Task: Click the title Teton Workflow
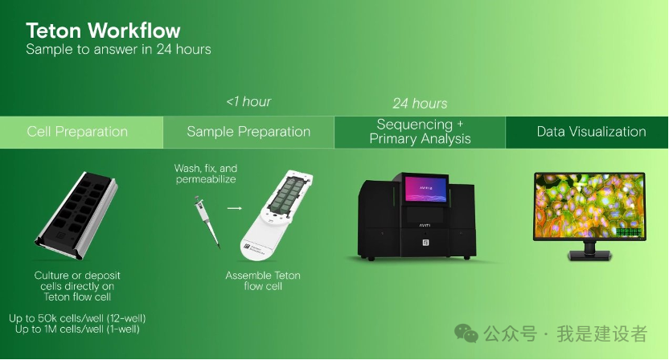[x=103, y=31]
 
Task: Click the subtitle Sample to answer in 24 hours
[x=119, y=50]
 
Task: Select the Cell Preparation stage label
[x=77, y=132]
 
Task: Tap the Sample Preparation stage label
[x=248, y=132]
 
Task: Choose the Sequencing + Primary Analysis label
[x=421, y=131]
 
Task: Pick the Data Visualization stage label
[x=591, y=132]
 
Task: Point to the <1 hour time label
[x=248, y=101]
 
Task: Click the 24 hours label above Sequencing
[x=421, y=103]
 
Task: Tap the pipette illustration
[x=207, y=222]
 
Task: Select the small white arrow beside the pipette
[x=235, y=208]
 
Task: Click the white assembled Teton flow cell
[x=277, y=215]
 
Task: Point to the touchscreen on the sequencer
[x=426, y=189]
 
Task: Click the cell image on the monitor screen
[x=589, y=205]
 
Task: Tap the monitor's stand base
[x=589, y=255]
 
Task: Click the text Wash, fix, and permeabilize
[x=206, y=174]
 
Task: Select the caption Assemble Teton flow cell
[x=263, y=280]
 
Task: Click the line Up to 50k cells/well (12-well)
[x=77, y=318]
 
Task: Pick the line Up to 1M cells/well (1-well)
[x=77, y=329]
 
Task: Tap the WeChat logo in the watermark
[x=466, y=333]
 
